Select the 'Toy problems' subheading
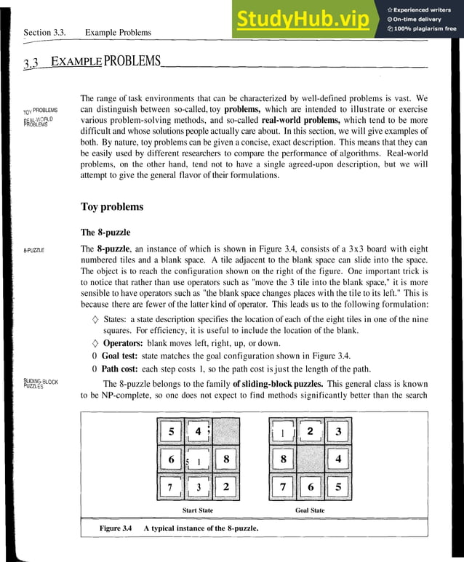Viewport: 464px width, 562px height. tap(111, 207)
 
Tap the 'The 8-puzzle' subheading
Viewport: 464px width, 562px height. tap(105, 233)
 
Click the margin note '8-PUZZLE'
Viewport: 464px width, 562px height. tap(33, 250)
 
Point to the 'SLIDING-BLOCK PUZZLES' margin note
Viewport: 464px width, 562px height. tap(41, 384)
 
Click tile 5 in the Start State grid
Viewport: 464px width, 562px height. tap(171, 432)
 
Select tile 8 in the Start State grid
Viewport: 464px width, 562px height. tap(226, 459)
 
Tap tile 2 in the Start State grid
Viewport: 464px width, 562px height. tap(226, 486)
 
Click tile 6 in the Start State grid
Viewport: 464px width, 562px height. tap(171, 459)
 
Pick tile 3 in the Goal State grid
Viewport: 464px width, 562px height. tap(337, 432)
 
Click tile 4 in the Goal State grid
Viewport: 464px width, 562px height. tap(337, 459)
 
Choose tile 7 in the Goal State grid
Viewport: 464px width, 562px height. tap(282, 486)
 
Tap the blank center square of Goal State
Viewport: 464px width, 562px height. tap(310, 459)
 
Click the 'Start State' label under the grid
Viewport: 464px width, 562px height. tap(197, 510)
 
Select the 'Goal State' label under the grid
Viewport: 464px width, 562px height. tap(310, 510)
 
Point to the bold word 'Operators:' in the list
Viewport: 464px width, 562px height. tap(123, 342)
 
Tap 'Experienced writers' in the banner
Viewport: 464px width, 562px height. tap(425, 9)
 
